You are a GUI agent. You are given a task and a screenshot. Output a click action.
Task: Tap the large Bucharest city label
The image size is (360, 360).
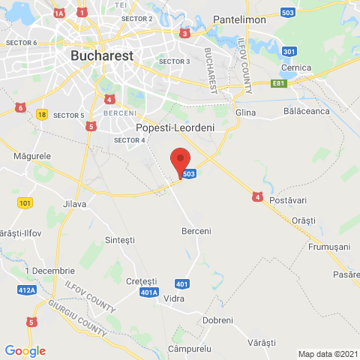click(x=101, y=55)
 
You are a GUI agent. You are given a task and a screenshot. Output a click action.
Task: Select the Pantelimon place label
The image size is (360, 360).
click(x=239, y=19)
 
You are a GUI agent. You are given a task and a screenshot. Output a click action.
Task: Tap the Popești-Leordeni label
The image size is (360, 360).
click(x=175, y=128)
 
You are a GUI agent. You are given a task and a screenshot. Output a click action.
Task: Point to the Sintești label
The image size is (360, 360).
click(x=120, y=240)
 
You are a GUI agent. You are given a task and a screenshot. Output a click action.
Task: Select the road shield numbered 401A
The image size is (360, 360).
click(x=149, y=292)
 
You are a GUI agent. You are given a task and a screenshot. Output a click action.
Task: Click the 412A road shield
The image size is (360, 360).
click(x=28, y=289)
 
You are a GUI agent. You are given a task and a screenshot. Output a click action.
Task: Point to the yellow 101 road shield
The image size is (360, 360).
click(x=25, y=203)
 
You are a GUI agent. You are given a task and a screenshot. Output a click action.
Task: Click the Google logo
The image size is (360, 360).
click(x=25, y=351)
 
